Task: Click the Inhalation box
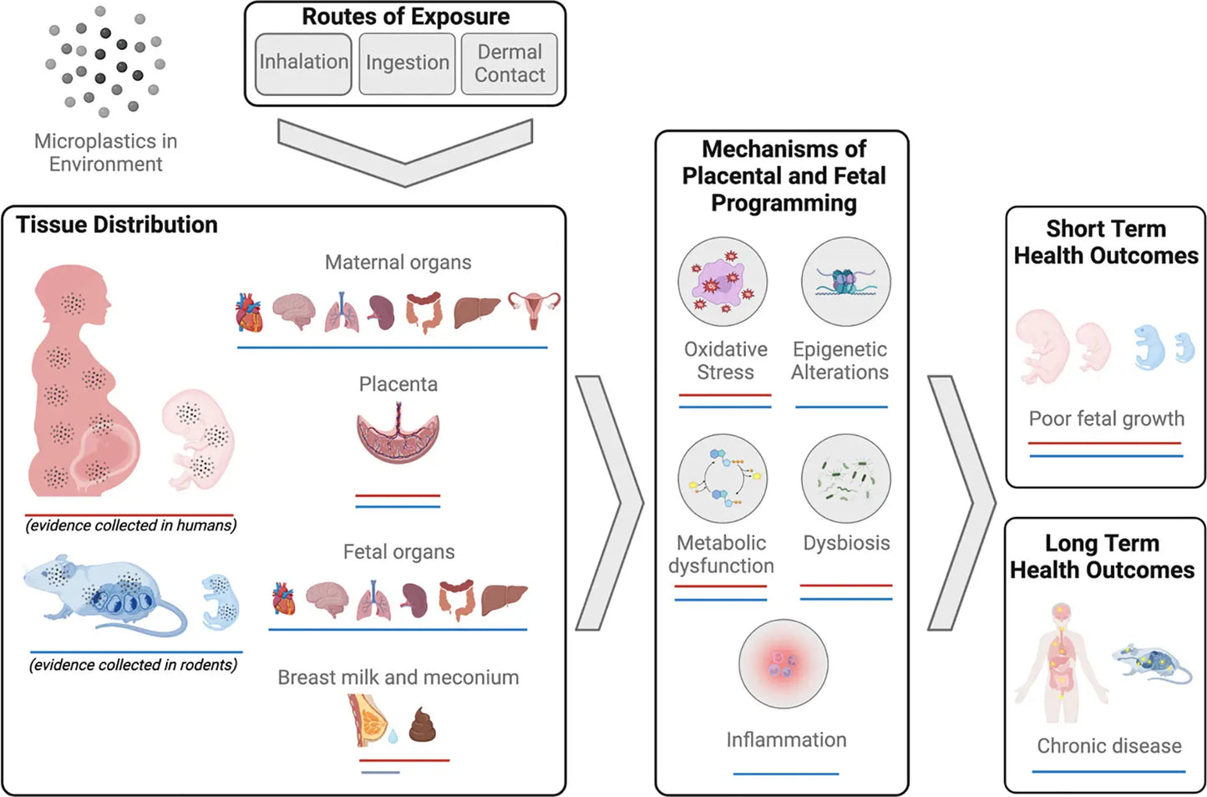tap(302, 63)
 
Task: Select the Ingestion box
tap(407, 63)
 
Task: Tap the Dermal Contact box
tap(510, 63)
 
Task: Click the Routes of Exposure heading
tap(405, 17)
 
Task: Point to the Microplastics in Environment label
tap(105, 152)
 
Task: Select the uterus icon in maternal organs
tap(534, 310)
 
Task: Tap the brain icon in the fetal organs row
tap(327, 598)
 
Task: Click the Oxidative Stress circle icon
tap(723, 282)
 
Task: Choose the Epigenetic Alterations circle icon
tap(845, 282)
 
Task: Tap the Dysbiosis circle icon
tap(845, 479)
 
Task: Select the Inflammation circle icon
tap(784, 664)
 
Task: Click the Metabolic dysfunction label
tap(721, 554)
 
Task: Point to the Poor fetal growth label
tap(1106, 419)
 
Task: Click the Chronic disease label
tap(1108, 746)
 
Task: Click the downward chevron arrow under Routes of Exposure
tap(405, 151)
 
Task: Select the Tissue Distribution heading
tap(117, 225)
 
